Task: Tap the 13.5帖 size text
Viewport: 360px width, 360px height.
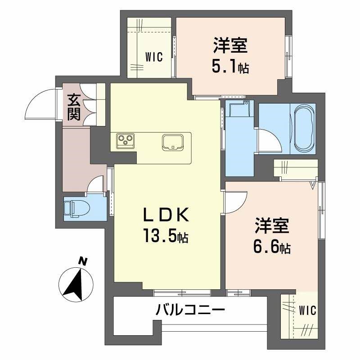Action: (165, 236)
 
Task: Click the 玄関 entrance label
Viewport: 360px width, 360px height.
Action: (74, 107)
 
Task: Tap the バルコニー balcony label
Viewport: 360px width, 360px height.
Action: (190, 310)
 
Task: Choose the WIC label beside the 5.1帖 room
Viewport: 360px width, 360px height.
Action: (153, 57)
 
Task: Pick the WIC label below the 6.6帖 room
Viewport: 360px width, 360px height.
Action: (308, 310)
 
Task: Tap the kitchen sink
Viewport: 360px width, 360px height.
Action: (173, 142)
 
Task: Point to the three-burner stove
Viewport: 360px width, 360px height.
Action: (125, 141)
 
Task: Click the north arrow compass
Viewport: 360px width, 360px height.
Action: (76, 284)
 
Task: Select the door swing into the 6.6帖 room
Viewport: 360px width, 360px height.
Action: (235, 201)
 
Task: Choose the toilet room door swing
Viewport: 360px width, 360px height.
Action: (97, 185)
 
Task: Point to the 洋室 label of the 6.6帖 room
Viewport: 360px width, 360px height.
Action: (273, 226)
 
